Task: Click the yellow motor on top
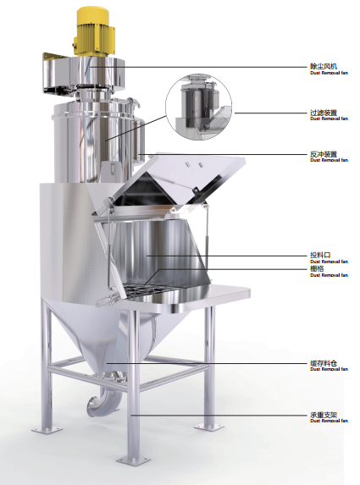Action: pos(94,32)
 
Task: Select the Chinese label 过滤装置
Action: pos(324,113)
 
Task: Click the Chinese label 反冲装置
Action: pos(324,154)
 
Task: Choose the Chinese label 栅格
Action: pos(317,268)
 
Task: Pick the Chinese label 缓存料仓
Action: pos(324,363)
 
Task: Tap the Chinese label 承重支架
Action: pos(324,415)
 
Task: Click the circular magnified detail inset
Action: pos(198,107)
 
